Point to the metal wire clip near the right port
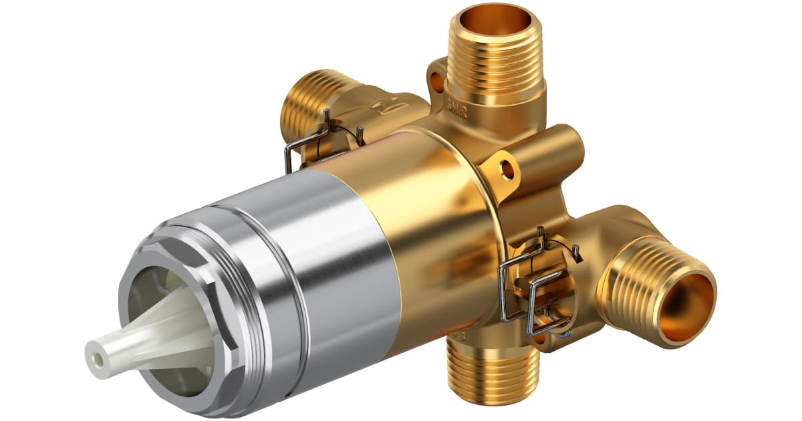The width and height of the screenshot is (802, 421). tap(535, 287)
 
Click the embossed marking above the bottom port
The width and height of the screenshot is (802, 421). tap(458, 334)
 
